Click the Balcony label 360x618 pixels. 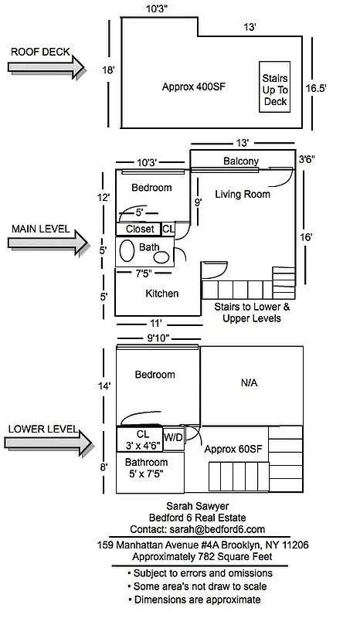241,161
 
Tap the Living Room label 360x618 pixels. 243,194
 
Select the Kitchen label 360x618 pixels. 162,294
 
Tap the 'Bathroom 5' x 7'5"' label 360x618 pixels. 151,469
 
